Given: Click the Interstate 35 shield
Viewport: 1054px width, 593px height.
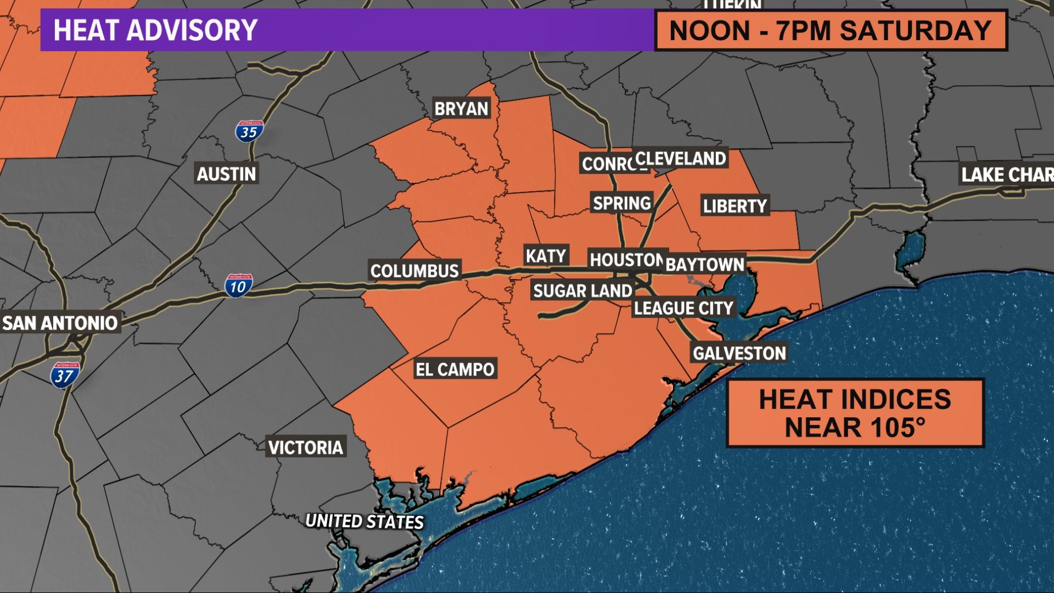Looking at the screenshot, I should tap(249, 132).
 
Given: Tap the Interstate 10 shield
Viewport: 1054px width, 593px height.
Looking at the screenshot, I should tap(238, 286).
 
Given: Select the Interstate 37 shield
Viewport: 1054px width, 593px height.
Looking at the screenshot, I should tap(65, 376).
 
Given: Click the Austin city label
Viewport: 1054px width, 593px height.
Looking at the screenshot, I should tap(226, 174).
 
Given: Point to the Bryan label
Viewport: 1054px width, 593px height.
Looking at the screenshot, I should tap(461, 109).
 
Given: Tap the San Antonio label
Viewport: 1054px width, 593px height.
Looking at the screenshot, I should tap(60, 323).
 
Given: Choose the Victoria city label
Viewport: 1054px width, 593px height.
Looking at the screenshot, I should tap(306, 447).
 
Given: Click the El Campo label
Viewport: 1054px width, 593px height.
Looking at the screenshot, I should tap(455, 370).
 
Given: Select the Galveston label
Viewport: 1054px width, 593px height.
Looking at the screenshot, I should tap(739, 353).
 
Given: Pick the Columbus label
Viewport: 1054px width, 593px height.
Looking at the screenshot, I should tap(414, 271).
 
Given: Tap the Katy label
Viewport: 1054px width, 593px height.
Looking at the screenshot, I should tap(546, 256).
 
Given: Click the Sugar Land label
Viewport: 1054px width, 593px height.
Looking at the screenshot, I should tap(582, 290).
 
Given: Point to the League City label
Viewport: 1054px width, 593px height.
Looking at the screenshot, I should tap(683, 308).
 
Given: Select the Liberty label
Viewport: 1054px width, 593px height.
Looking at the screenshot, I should tap(735, 206).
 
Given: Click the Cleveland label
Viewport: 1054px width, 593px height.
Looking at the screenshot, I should tap(681, 159).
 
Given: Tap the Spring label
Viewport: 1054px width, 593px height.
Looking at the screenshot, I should tap(622, 203).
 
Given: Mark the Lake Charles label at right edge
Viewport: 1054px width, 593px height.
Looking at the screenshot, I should tap(1007, 175).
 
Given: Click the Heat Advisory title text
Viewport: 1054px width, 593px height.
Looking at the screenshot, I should tap(155, 30).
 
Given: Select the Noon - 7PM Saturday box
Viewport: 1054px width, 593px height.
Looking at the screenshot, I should tap(831, 30).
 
